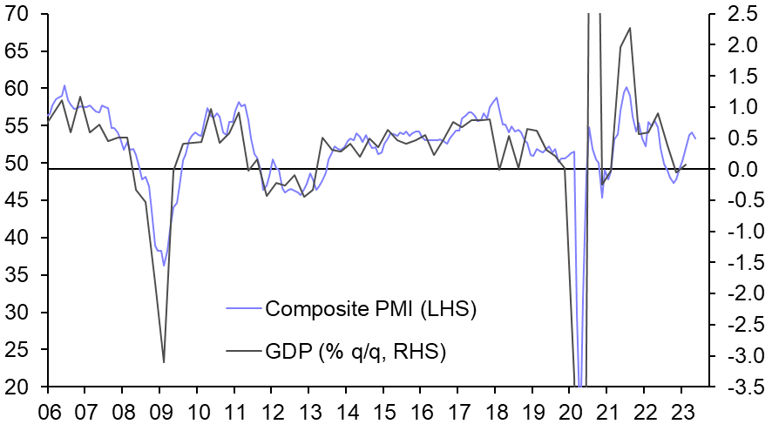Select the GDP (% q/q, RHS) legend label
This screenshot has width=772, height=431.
(356, 351)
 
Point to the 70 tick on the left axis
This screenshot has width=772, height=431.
(17, 14)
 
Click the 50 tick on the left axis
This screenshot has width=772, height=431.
(17, 164)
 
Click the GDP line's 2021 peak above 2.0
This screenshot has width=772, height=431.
(630, 28)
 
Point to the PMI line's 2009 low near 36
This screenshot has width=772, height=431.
(163, 266)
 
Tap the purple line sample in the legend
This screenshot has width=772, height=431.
(243, 308)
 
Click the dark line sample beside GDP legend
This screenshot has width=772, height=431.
(243, 351)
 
